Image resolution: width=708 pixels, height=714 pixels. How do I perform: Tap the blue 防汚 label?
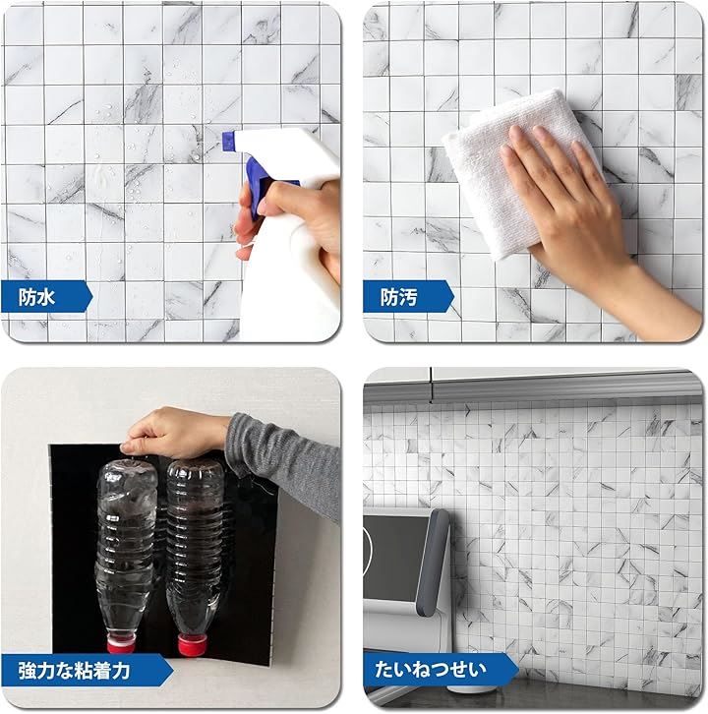408,296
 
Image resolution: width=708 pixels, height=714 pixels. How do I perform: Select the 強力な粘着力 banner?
87,670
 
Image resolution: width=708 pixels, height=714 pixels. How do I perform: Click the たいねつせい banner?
441,670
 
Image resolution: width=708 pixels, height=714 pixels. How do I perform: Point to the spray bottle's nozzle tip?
225,142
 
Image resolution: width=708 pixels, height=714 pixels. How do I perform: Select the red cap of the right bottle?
192,645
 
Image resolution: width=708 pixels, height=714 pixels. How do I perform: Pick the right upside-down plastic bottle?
195,556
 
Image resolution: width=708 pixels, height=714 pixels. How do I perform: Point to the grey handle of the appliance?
433,563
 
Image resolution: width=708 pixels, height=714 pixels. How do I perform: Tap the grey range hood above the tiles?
533,387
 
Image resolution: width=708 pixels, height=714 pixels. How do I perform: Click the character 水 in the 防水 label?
45,297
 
